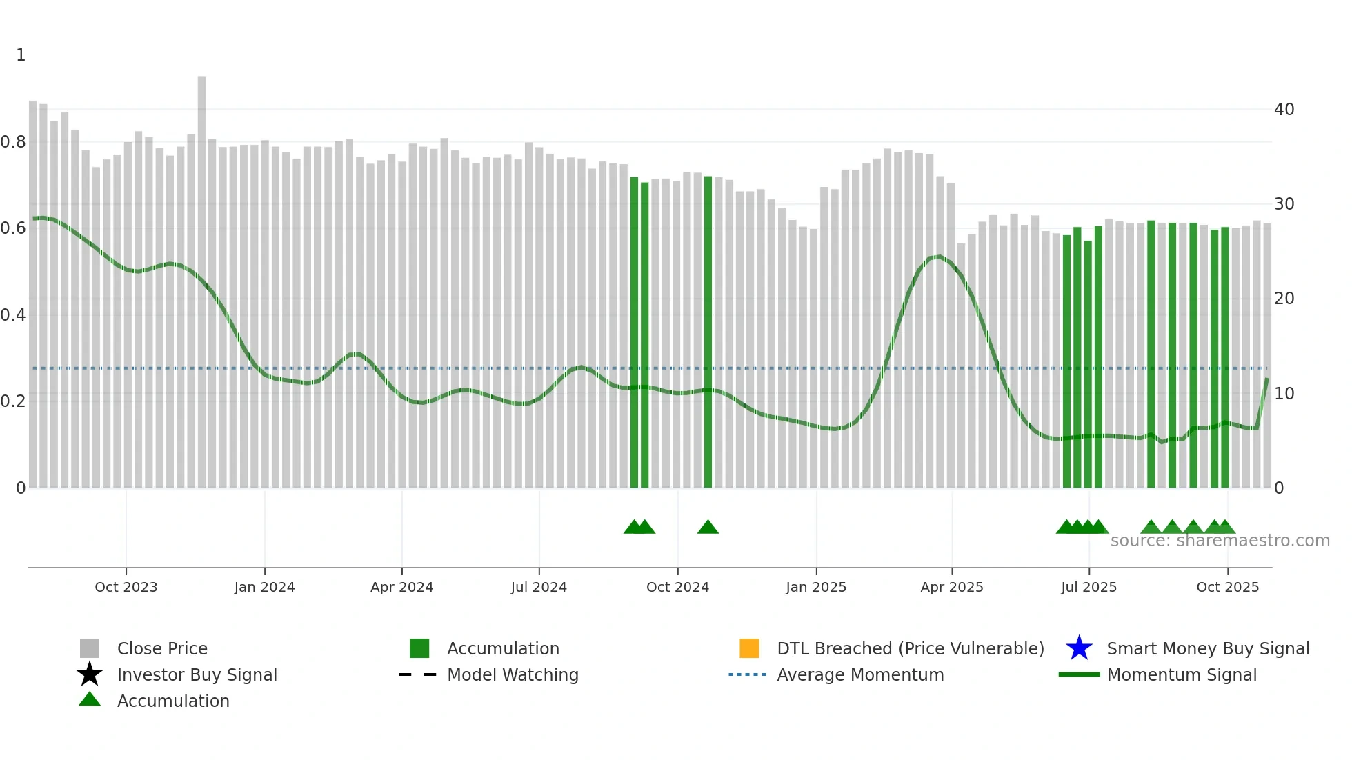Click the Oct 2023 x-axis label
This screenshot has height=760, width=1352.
(x=126, y=587)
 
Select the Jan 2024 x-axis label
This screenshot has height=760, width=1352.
(x=264, y=587)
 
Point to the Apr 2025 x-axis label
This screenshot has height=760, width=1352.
(x=952, y=587)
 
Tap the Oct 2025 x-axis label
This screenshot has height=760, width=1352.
(x=1227, y=587)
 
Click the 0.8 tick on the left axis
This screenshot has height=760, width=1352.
(x=13, y=142)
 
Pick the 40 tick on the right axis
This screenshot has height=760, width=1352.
(x=1284, y=110)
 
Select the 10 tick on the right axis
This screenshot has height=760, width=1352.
(x=1284, y=394)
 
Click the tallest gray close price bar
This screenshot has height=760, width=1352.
(x=201, y=276)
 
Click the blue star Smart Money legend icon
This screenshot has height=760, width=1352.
(x=1079, y=648)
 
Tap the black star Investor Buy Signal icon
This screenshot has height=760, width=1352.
(x=90, y=674)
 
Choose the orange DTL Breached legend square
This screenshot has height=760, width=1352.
(x=749, y=648)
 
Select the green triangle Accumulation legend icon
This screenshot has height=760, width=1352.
(x=90, y=699)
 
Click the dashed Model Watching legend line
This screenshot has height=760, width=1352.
(x=418, y=674)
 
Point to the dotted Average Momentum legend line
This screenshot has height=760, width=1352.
(x=748, y=674)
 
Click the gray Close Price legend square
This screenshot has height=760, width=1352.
(x=90, y=648)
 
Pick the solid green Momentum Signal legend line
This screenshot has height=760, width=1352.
(x=1079, y=674)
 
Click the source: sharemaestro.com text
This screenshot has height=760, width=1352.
(x=1220, y=541)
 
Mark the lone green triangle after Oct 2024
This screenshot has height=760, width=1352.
(x=708, y=528)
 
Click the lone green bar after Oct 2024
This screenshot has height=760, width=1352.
(x=708, y=331)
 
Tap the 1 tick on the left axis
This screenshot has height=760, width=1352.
(x=21, y=55)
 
